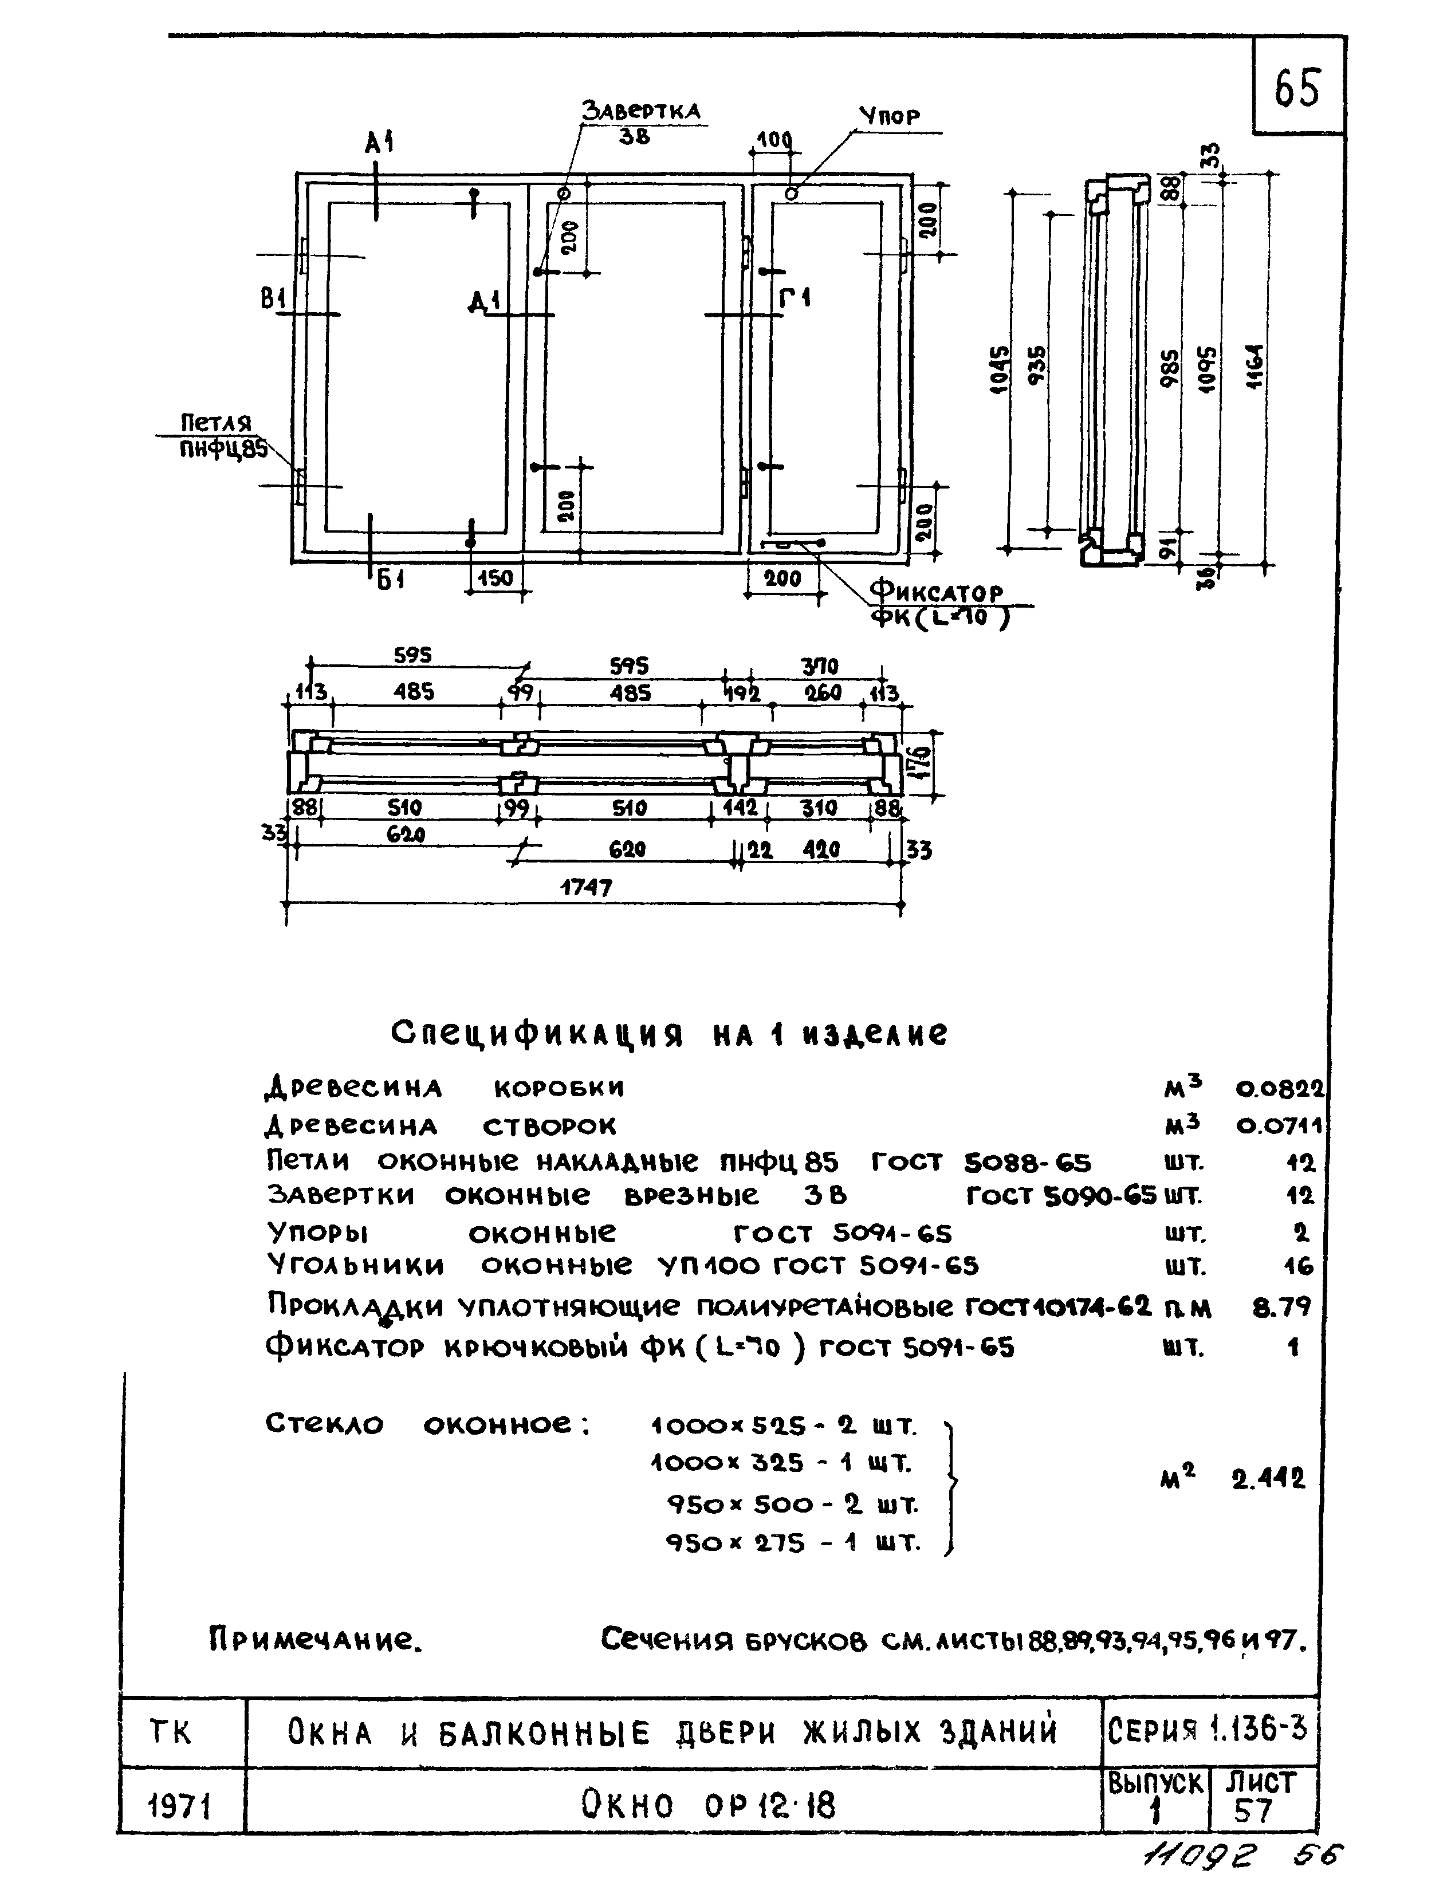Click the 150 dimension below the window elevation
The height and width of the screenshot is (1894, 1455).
[x=496, y=578]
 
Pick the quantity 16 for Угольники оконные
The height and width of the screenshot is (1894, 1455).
[x=1298, y=1267]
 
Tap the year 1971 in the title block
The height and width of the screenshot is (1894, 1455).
[x=180, y=1806]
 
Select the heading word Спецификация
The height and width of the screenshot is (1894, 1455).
[x=537, y=1033]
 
